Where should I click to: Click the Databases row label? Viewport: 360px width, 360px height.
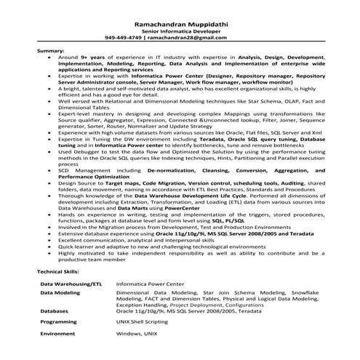(55, 311)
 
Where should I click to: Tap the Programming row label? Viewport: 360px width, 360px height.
(59, 321)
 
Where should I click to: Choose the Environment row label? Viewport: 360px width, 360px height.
(58, 332)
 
